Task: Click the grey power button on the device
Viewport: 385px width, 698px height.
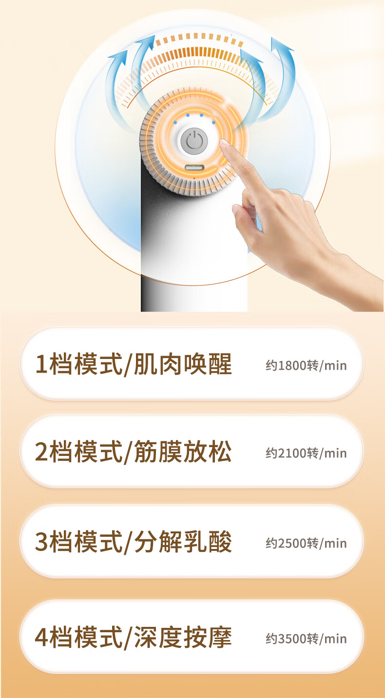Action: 194,141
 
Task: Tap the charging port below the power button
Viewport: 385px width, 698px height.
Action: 194,168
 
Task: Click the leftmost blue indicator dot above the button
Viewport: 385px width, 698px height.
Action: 175,122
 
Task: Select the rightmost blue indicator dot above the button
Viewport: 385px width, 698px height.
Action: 213,122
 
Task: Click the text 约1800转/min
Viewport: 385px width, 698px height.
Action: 306,365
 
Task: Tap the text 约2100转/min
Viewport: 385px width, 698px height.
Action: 306,453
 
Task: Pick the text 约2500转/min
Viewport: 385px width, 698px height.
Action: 306,543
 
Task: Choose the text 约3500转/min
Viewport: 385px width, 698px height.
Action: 306,639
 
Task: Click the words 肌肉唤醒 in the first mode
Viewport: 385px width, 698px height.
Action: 183,364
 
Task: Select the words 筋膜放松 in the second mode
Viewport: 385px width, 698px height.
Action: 183,452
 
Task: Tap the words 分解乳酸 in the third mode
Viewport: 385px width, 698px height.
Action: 183,542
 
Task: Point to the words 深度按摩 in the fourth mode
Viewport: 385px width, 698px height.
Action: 183,637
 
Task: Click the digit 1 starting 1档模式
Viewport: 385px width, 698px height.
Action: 41,364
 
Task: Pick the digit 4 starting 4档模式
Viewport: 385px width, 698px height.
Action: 41,638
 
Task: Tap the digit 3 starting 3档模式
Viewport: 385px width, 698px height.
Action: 41,542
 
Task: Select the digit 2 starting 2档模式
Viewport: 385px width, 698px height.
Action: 41,452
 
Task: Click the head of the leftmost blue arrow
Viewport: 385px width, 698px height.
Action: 119,56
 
